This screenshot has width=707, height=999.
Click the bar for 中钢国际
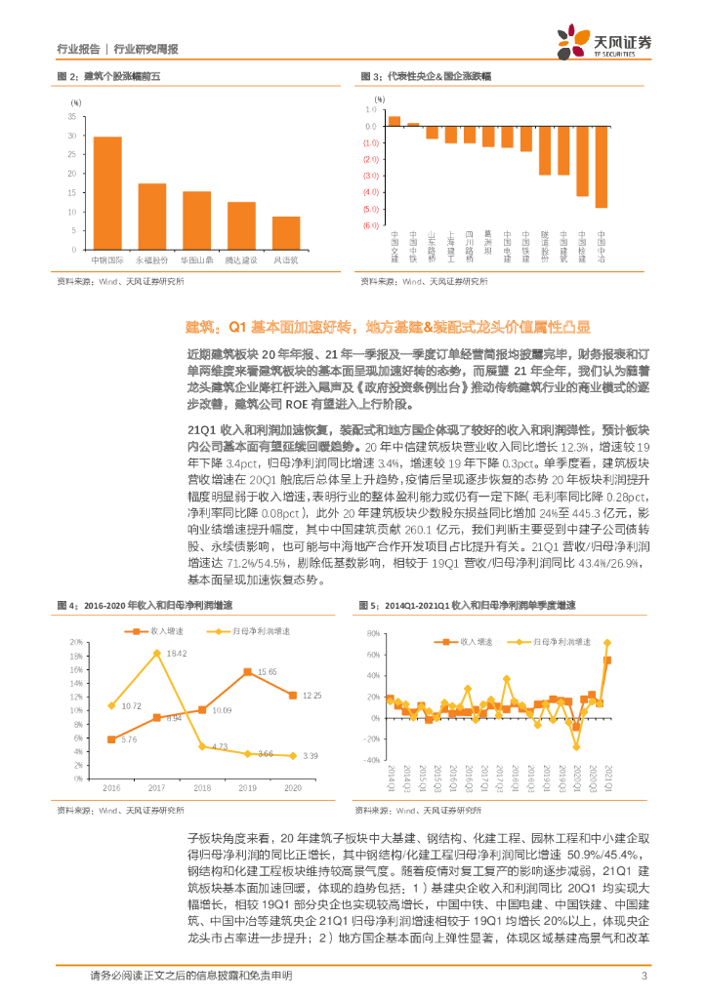(107, 194)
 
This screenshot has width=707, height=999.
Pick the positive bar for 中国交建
(395, 121)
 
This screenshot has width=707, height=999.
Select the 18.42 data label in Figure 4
(176, 652)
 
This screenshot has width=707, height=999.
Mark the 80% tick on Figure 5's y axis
(373, 633)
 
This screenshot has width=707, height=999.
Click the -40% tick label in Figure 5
(371, 759)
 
